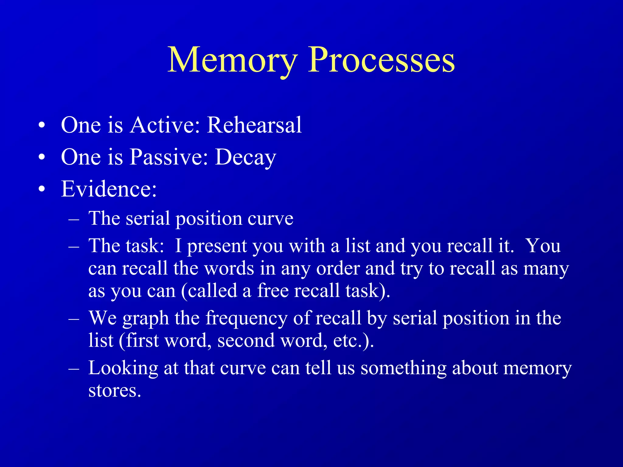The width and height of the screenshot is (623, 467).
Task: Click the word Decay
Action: (245, 157)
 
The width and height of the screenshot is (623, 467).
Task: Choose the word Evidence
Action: (109, 189)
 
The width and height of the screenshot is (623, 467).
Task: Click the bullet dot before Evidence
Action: (42, 189)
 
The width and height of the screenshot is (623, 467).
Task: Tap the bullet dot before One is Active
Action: (42, 125)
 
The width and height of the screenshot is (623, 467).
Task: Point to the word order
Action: (338, 269)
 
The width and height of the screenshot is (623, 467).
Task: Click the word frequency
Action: (246, 318)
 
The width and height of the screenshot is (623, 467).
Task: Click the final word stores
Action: (115, 391)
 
